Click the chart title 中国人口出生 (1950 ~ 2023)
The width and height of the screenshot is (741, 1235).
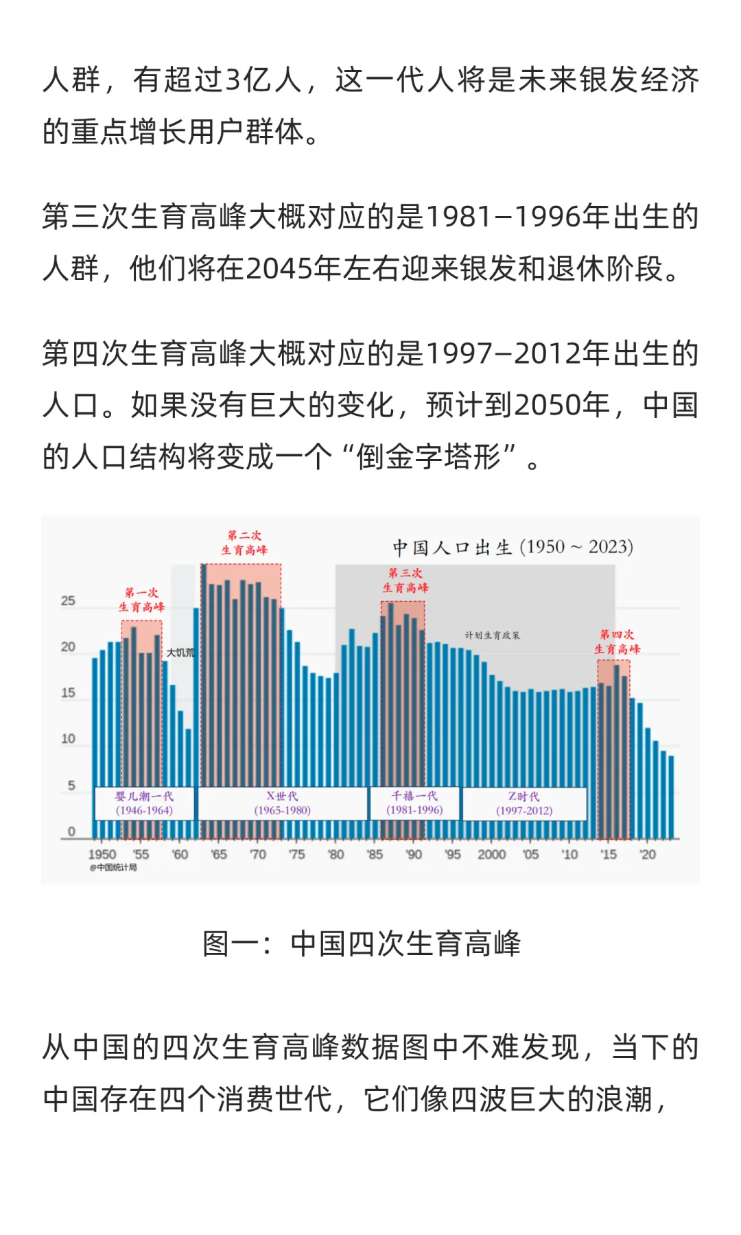point(513,548)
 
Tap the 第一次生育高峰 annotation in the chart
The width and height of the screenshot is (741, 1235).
point(141,600)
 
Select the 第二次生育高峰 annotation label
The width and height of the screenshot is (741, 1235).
point(244,543)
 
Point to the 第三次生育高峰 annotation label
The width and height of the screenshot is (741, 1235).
point(405,580)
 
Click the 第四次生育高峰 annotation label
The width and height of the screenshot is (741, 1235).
point(617,642)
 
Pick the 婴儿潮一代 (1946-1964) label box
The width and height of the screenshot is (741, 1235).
point(144,803)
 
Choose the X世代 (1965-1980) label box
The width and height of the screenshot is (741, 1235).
point(282,803)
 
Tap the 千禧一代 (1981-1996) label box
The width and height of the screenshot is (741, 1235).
point(414,803)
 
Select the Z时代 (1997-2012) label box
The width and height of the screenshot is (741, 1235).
point(524,803)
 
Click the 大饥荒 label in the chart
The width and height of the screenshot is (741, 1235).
point(180,652)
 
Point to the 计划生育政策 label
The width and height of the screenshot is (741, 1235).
point(492,635)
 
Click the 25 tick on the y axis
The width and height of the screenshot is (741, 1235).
point(68,601)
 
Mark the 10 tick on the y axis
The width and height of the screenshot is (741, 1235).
point(68,739)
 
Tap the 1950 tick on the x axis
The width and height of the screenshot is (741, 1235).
point(102,854)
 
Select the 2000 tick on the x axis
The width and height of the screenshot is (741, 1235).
point(491,854)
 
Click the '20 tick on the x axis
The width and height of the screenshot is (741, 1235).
point(647,854)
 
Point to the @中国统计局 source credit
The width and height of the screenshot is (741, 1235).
point(113,867)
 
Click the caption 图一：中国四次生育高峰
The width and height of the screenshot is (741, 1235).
point(362,943)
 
